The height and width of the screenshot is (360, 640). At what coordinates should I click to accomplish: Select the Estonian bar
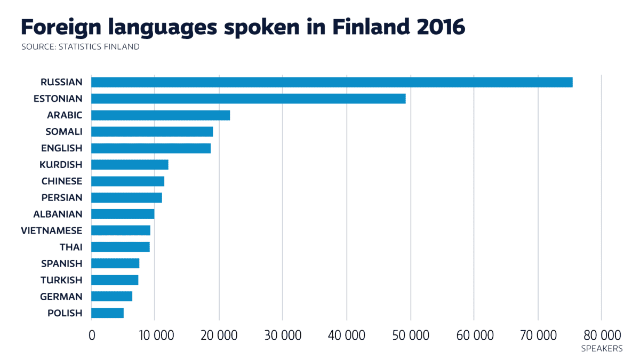pyautogui.click(x=249, y=99)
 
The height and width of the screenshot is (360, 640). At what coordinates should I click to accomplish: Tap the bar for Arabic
pyautogui.click(x=161, y=115)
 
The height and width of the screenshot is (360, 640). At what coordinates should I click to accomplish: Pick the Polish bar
pyautogui.click(x=107, y=313)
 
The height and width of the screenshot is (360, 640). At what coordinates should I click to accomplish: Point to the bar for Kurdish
pyautogui.click(x=130, y=165)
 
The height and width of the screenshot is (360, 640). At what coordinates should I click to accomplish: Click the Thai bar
pyautogui.click(x=121, y=247)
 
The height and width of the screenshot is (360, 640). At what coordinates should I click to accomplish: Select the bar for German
pyautogui.click(x=111, y=297)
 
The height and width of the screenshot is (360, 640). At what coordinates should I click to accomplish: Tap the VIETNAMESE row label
pyautogui.click(x=52, y=231)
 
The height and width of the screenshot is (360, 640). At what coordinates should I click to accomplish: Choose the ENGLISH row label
pyautogui.click(x=62, y=148)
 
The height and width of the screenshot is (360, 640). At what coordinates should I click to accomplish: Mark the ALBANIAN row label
pyautogui.click(x=58, y=214)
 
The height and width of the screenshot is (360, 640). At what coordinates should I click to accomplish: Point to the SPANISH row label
pyautogui.click(x=62, y=263)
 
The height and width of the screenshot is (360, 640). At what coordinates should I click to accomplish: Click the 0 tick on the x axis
pyautogui.click(x=92, y=335)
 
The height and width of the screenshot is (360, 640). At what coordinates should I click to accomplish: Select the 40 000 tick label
pyautogui.click(x=347, y=335)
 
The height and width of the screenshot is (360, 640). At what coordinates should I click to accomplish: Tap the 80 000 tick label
pyautogui.click(x=601, y=335)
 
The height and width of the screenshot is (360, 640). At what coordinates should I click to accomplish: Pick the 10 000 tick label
pyautogui.click(x=155, y=335)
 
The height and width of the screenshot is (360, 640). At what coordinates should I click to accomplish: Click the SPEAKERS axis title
pyautogui.click(x=601, y=349)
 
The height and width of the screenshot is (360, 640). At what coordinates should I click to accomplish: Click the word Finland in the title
pyautogui.click(x=358, y=27)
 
